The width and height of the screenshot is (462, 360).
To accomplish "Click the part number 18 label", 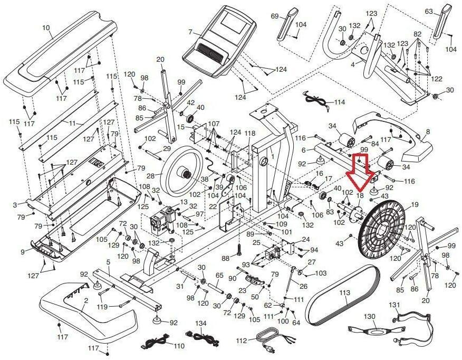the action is pos(360,195).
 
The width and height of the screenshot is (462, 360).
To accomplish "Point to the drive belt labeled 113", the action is pos(342,296).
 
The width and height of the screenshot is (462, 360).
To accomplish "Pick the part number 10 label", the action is pos(46,28).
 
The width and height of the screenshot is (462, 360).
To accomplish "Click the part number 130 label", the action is pos(370,317).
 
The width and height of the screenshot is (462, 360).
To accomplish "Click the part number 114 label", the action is pos(340,102).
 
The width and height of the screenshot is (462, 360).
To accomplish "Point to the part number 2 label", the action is pos(86,301).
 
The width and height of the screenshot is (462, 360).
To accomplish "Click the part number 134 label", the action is pos(201,324).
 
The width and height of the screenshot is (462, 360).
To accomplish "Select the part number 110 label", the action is pos(179,346).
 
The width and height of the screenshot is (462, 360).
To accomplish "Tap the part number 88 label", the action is pos(225,258).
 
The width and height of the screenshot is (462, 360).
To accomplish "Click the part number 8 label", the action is pos(428,132).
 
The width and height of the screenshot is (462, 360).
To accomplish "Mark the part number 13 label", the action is pos(184,202).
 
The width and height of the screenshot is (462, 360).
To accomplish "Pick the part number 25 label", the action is pos(257,243).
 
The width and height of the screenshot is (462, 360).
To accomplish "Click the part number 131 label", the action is pos(395,305).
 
